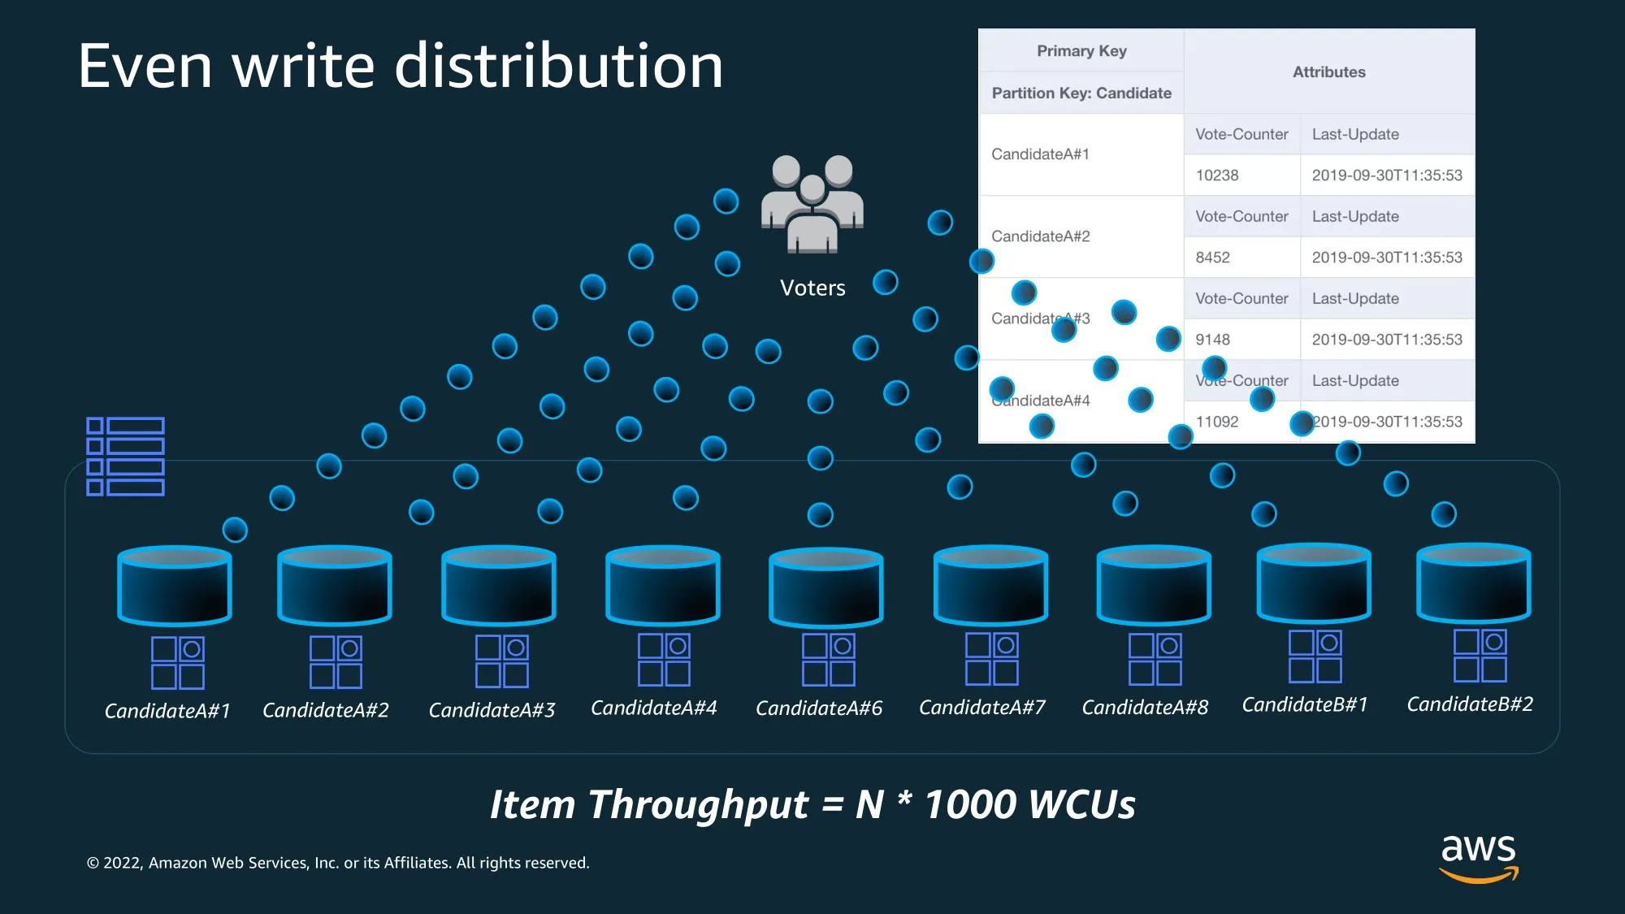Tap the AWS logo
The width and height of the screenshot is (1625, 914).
(1478, 857)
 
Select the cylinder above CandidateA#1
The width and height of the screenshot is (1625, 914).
(175, 585)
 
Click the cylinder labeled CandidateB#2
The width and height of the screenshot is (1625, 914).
(1473, 583)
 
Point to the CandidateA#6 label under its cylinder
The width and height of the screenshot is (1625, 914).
(819, 708)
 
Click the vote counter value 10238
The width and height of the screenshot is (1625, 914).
(1217, 175)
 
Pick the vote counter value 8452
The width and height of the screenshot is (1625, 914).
(1212, 258)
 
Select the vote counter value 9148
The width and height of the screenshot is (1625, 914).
(1212, 340)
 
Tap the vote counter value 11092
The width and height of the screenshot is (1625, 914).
(1217, 422)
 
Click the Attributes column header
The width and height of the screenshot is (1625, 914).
(1328, 72)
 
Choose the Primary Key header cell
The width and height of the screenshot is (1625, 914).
(1081, 51)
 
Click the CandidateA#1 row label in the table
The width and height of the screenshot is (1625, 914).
(1040, 154)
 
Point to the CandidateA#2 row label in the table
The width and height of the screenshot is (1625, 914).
(1040, 236)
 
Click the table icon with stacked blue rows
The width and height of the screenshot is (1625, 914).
(126, 457)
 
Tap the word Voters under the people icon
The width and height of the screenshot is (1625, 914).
(812, 288)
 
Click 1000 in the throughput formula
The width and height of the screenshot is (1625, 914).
(970, 804)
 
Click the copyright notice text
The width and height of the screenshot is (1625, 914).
(338, 863)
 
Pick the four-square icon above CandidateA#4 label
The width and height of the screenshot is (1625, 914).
(664, 660)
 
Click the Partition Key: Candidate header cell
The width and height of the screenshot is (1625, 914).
(1081, 93)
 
